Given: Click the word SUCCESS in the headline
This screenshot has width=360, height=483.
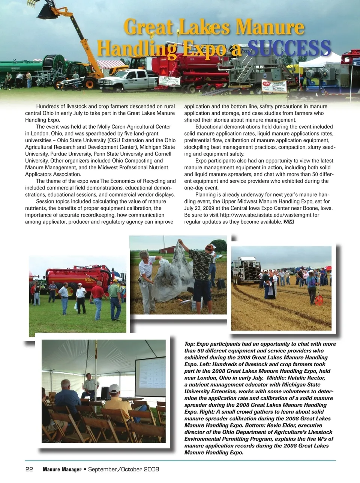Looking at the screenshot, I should coord(289,48).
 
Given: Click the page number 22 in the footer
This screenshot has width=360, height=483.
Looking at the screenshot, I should coord(29,469).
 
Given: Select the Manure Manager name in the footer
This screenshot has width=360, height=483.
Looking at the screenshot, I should coord(62,469).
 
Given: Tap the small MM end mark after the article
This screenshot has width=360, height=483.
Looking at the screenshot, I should coord(289,222).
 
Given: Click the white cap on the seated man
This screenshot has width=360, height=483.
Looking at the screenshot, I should coord(114,388).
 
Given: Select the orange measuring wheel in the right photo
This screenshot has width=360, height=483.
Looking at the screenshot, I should coord(319,300).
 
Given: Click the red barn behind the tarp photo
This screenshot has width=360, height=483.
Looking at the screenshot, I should coord(168,250).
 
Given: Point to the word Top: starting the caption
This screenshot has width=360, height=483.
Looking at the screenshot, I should coord(190,344).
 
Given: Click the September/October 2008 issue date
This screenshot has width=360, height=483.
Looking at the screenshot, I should coord(123,469).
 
